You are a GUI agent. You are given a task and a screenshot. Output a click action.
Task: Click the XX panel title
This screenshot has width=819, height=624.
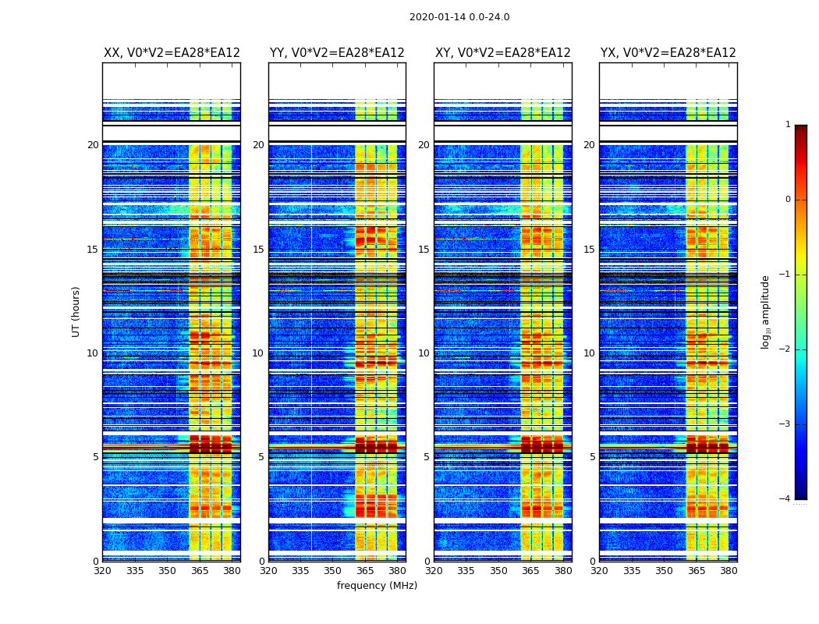pyautogui.click(x=172, y=53)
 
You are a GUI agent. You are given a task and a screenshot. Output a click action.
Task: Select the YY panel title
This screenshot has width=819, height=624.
pyautogui.click(x=337, y=53)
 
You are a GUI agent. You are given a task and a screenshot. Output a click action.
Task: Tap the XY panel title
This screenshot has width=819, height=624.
pyautogui.click(x=502, y=53)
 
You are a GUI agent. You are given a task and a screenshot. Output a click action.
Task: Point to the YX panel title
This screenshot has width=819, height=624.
pyautogui.click(x=668, y=53)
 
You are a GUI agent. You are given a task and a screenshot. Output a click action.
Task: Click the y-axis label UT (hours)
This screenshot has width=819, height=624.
pyautogui.click(x=76, y=311)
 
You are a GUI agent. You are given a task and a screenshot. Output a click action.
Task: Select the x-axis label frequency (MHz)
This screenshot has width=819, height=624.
pyautogui.click(x=377, y=586)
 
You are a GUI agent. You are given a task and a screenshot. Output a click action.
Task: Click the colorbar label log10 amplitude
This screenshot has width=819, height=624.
pyautogui.click(x=766, y=312)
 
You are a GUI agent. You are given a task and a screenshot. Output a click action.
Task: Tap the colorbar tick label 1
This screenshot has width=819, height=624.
pyautogui.click(x=787, y=125)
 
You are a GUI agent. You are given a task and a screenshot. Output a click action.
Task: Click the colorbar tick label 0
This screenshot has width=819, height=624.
pyautogui.click(x=787, y=200)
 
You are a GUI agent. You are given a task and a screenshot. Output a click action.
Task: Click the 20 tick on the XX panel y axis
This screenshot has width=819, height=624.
pyautogui.click(x=93, y=145)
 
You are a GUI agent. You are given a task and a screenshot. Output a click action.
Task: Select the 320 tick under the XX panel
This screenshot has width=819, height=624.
pyautogui.click(x=103, y=571)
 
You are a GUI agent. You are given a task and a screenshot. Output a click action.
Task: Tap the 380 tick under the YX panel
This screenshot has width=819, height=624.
pyautogui.click(x=729, y=571)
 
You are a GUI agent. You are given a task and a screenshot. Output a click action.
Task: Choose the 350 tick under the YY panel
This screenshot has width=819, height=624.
pyautogui.click(x=333, y=571)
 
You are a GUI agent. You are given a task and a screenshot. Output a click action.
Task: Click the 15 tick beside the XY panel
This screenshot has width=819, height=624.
pyautogui.click(x=424, y=250)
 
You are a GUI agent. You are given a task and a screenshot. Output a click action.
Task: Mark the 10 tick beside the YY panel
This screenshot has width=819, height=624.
pyautogui.click(x=258, y=353)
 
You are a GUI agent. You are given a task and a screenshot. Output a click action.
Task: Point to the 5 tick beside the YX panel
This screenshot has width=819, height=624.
pyautogui.click(x=592, y=457)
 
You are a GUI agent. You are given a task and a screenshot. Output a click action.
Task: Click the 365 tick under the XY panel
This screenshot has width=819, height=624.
pyautogui.click(x=530, y=571)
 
